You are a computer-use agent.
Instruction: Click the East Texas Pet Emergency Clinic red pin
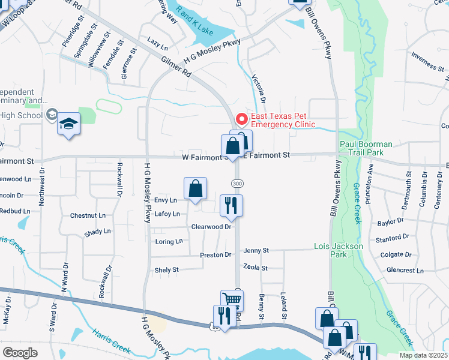point(242,118)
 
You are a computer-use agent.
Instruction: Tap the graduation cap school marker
point(68,124)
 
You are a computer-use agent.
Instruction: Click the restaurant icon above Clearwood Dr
point(231,206)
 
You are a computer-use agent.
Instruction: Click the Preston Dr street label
point(215,255)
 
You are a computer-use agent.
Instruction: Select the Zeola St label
point(255,268)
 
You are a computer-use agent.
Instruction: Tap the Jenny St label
point(256,250)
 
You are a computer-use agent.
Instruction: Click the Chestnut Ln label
point(88,215)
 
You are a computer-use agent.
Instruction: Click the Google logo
point(20,353)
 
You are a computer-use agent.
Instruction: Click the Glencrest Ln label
point(406,271)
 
